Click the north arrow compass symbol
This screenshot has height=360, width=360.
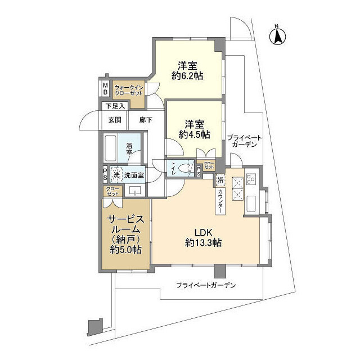[x=277, y=35]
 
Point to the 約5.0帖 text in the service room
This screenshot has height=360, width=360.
[x=126, y=250]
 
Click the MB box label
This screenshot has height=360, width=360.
[x=105, y=88]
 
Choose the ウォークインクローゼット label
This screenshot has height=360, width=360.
[x=129, y=89]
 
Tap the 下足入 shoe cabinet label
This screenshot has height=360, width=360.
[x=114, y=106]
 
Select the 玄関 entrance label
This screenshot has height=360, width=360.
[x=115, y=119]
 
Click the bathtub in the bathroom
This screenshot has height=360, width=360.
[x=111, y=149]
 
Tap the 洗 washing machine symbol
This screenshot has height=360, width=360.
[x=116, y=175]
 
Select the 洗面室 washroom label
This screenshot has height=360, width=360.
[x=134, y=175]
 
